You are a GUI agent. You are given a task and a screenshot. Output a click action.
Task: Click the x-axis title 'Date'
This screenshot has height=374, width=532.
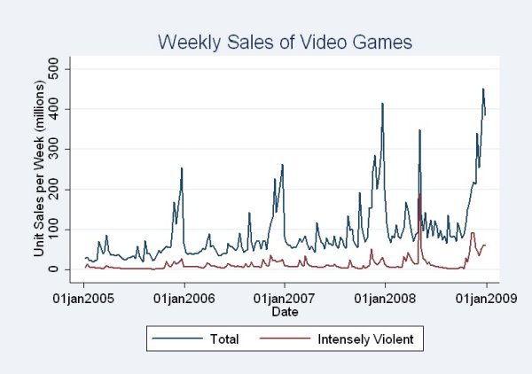[x=285, y=312]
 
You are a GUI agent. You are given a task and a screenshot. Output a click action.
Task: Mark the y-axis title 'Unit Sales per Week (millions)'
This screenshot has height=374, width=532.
[x=40, y=168]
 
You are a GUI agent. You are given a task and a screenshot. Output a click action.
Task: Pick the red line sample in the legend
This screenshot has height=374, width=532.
[x=283, y=338]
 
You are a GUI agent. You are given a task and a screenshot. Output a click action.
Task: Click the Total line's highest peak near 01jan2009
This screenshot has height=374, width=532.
[x=483, y=89]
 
